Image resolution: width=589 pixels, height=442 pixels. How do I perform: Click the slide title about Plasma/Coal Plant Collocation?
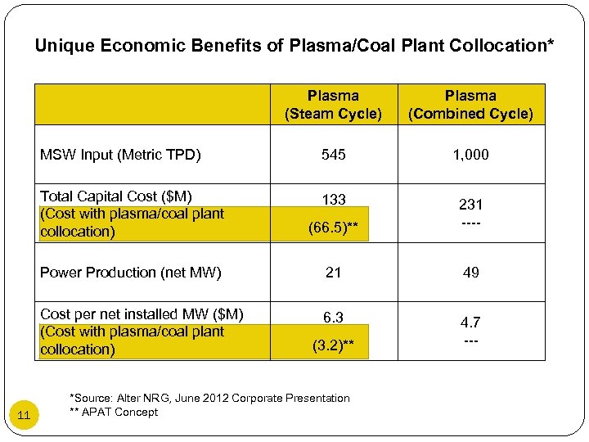coord(294,46)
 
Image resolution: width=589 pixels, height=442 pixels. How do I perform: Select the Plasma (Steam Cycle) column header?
coord(333,105)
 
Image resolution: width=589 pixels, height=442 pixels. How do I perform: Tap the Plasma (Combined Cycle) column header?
coord(470,105)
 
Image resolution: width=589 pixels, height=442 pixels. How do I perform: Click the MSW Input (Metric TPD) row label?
coord(120,155)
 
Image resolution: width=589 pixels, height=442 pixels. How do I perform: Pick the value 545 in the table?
coord(333,155)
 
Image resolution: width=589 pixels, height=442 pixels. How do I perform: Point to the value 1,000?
coord(470,155)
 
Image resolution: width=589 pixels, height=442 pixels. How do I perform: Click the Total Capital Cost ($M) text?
coord(115,196)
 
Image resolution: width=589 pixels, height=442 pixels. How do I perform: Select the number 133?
coord(333,199)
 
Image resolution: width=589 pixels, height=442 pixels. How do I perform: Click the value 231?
coord(470,205)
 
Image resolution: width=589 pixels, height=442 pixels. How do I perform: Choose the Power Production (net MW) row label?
coord(130,273)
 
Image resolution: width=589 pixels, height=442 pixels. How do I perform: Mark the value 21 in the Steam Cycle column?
coord(333,273)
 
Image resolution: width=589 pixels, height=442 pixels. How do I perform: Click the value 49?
coord(470,273)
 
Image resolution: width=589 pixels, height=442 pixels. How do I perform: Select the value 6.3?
coord(333,317)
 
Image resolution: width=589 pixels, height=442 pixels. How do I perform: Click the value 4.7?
coord(470,322)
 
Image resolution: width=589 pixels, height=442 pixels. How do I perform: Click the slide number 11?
coord(24,415)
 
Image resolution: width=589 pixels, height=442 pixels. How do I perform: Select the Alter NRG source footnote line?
coord(211,398)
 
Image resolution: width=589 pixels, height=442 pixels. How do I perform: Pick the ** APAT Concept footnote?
coord(115,412)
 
